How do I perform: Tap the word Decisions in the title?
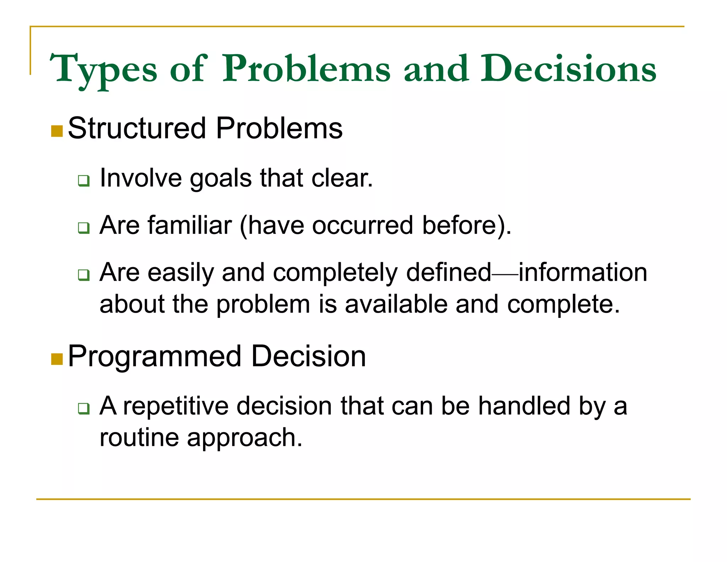[x=568, y=69]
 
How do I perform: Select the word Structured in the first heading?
[x=137, y=128]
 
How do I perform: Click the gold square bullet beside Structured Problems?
[x=57, y=131]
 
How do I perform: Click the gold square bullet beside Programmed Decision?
[x=57, y=359]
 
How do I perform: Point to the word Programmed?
[x=154, y=357]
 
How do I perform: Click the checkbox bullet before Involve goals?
[x=84, y=181]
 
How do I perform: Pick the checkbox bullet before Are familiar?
[x=84, y=228]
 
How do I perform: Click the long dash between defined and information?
[x=505, y=274]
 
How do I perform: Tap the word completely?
[x=335, y=273]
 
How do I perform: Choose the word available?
[x=396, y=304]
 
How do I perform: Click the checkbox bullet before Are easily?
[x=84, y=275]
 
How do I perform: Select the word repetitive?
[x=176, y=406]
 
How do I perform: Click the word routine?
[x=139, y=438]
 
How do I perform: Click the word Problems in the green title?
[x=306, y=69]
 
